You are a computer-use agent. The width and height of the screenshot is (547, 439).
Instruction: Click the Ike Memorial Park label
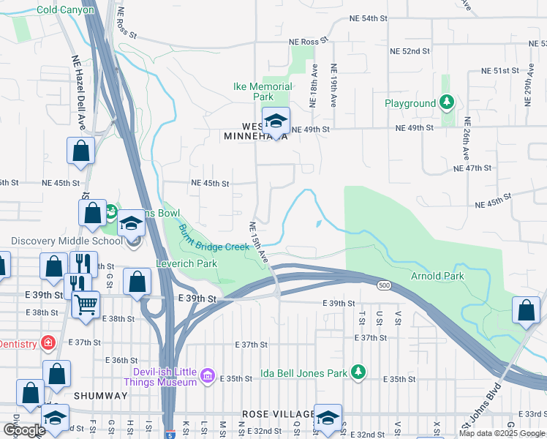(x=263, y=91)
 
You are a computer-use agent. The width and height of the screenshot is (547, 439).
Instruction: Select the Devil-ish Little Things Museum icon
(x=208, y=377)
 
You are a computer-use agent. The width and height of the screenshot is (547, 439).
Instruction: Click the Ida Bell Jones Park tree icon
(x=358, y=372)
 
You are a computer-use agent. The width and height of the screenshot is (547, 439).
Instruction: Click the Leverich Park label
(x=186, y=263)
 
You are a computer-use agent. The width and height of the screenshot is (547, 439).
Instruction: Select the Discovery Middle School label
(x=67, y=241)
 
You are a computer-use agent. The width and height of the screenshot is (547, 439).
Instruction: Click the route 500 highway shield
(x=384, y=284)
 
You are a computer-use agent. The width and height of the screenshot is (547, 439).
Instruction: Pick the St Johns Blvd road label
(x=484, y=410)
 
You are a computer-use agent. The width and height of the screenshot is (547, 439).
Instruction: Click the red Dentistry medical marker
(x=48, y=342)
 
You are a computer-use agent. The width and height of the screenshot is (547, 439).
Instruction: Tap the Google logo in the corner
(x=23, y=430)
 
